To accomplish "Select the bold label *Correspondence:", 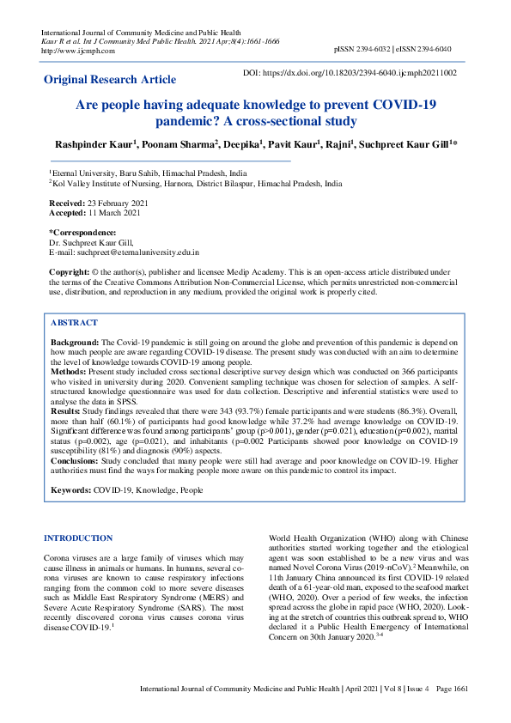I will [82, 234].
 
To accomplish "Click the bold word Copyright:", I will [70, 272].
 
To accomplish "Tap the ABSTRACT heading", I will [74, 323].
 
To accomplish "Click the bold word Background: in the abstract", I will [76, 342].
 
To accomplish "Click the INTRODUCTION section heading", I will [78, 538].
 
